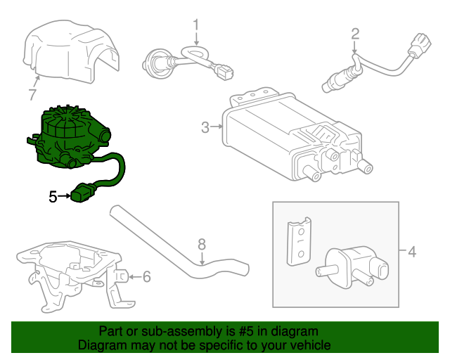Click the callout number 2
355,33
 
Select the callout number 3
205,127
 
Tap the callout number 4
412,251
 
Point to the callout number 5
53,197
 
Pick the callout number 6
146,277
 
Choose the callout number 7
32,94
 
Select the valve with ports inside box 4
355,264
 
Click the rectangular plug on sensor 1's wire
224,70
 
